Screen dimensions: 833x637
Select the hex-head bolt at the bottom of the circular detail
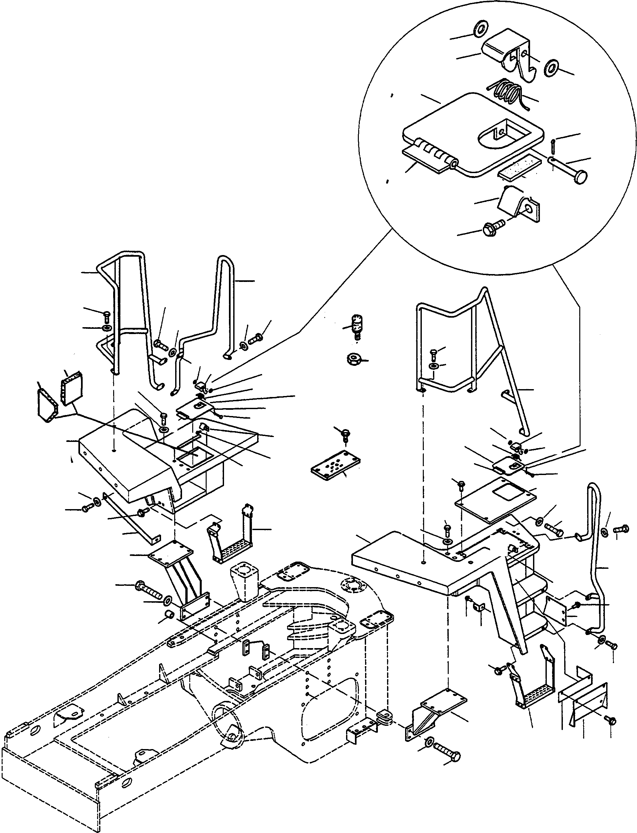(493, 228)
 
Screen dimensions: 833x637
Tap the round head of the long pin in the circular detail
(580, 177)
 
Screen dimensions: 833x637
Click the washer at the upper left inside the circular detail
(481, 29)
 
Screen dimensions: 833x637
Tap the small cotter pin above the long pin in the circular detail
(552, 145)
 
